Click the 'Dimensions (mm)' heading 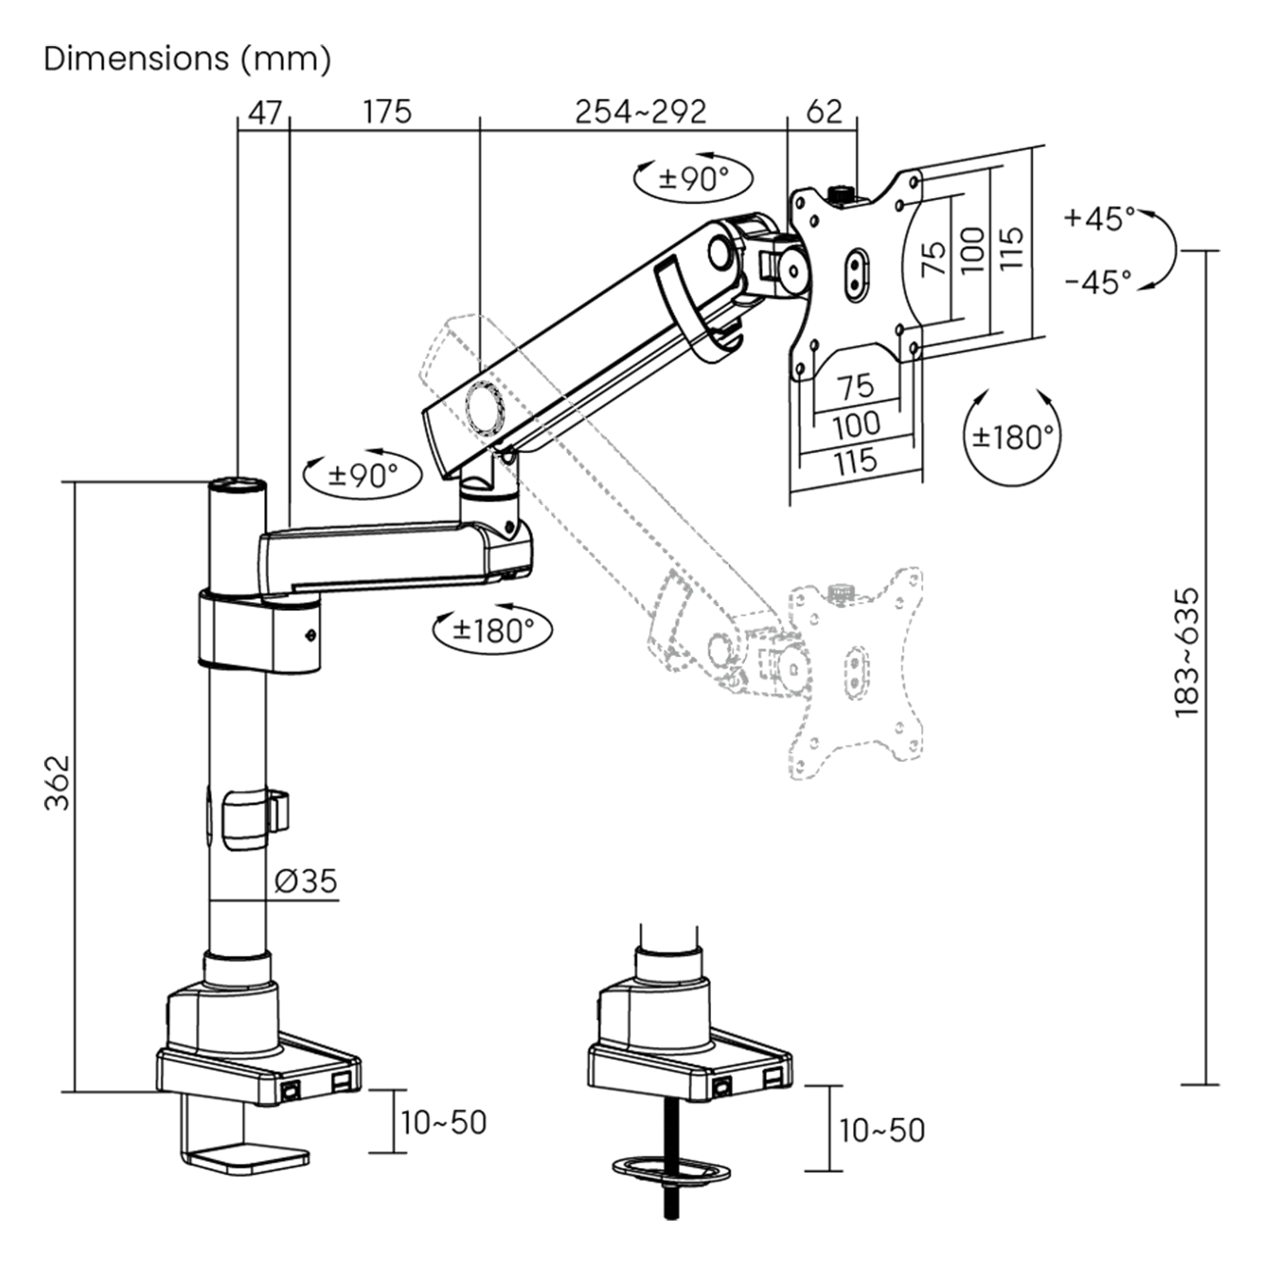(x=187, y=59)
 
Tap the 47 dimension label (x=265, y=113)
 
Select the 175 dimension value (x=387, y=113)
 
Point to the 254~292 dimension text (x=640, y=113)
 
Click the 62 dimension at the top (x=824, y=113)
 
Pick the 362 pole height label (x=58, y=783)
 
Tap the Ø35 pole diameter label (x=305, y=881)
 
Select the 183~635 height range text (x=1187, y=653)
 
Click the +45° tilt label (x=1099, y=218)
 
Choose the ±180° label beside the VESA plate (x=1013, y=437)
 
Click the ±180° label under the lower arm (x=493, y=631)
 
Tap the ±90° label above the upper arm (x=693, y=179)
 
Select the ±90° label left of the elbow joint (x=363, y=476)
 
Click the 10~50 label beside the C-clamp (x=443, y=1123)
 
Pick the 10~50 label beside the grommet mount (x=882, y=1130)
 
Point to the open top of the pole (x=237, y=484)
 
